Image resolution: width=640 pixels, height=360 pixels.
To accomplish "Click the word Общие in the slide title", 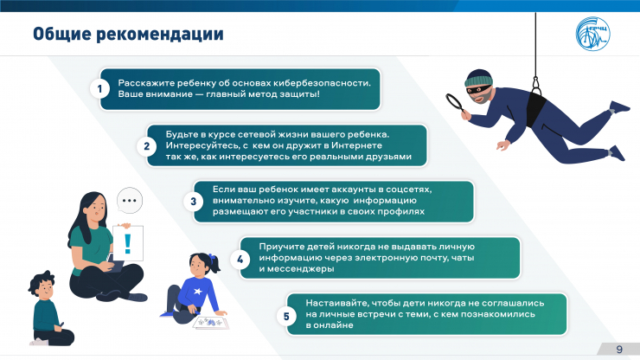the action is (x=62, y=34).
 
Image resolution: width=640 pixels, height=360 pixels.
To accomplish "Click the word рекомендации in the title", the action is (x=160, y=35).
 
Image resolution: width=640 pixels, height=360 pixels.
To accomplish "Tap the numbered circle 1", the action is (x=99, y=88).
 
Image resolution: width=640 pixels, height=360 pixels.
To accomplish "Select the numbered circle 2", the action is (x=146, y=146).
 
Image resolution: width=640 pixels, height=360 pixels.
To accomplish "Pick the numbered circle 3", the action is (x=194, y=202).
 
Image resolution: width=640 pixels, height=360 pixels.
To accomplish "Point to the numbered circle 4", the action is (x=240, y=259).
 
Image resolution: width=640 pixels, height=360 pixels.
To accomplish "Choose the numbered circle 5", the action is (x=286, y=316).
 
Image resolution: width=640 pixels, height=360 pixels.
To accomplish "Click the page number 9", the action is (x=619, y=349).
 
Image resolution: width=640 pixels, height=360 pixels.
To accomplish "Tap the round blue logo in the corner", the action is (x=593, y=34).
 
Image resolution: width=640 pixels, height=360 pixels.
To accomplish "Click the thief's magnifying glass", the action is (x=456, y=103).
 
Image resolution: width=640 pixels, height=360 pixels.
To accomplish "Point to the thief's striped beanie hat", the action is (x=478, y=78).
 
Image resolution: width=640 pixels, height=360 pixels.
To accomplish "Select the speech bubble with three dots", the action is (x=130, y=200).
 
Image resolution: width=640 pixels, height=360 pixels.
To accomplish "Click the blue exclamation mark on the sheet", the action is (x=128, y=244).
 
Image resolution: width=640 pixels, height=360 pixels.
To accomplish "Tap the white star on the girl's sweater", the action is (x=198, y=292).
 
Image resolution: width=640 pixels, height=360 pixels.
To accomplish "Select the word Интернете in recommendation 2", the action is (x=356, y=145).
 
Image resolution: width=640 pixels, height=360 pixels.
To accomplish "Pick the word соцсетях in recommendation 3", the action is (x=408, y=190).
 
